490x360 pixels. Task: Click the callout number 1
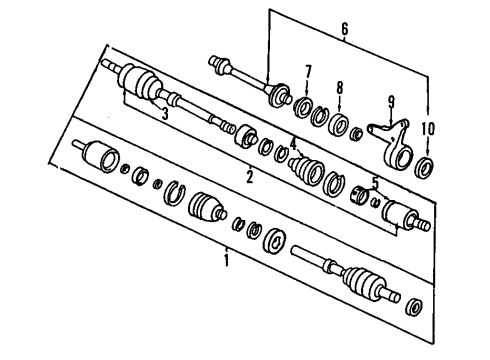coord(227,260)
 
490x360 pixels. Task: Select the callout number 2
coord(250,177)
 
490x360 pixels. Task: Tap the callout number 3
coord(165,114)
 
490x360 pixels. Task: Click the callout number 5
coord(375,183)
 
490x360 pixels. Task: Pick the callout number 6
coord(345,29)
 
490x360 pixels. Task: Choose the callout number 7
coord(308,72)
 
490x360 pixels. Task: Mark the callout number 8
coord(339,88)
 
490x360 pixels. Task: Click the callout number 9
coord(391,101)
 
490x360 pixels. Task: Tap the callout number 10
coord(428,128)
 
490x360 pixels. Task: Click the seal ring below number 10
coord(424,167)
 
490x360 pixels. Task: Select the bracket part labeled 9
coord(394,143)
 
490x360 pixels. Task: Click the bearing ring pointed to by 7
coord(303,107)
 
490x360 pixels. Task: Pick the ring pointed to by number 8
coord(338,124)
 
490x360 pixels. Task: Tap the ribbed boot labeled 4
coord(307,170)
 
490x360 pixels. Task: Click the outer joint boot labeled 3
coord(140,82)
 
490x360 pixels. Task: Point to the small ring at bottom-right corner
coord(414,307)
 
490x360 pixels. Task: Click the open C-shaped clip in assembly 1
coord(174,193)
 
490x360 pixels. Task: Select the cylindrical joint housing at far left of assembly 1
coord(100,156)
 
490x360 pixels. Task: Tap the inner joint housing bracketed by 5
coord(400,215)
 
